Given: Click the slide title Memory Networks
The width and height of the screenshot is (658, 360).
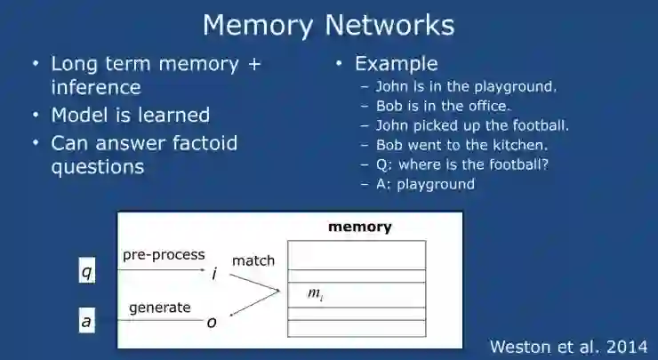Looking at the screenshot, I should (x=328, y=24).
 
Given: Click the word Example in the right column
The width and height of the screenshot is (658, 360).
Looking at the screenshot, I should (x=396, y=64).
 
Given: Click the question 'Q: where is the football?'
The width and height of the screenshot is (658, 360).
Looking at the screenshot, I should (x=465, y=164).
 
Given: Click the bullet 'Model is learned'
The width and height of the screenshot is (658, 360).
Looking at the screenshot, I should (x=130, y=116).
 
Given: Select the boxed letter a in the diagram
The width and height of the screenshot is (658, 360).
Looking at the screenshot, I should (x=86, y=322).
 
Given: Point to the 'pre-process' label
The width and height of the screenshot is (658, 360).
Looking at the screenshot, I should (x=164, y=255).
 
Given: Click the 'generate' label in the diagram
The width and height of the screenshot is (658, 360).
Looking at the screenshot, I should (x=160, y=308).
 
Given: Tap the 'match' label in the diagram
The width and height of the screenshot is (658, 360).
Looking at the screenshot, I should (x=253, y=260).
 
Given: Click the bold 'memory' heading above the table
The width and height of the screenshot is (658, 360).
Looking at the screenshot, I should (x=360, y=227).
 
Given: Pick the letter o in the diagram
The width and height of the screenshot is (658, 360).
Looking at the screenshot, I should (x=212, y=323).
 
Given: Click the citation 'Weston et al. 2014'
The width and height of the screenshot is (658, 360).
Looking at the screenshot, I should (x=569, y=346).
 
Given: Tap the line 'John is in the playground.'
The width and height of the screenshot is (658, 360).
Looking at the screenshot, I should (x=466, y=86).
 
